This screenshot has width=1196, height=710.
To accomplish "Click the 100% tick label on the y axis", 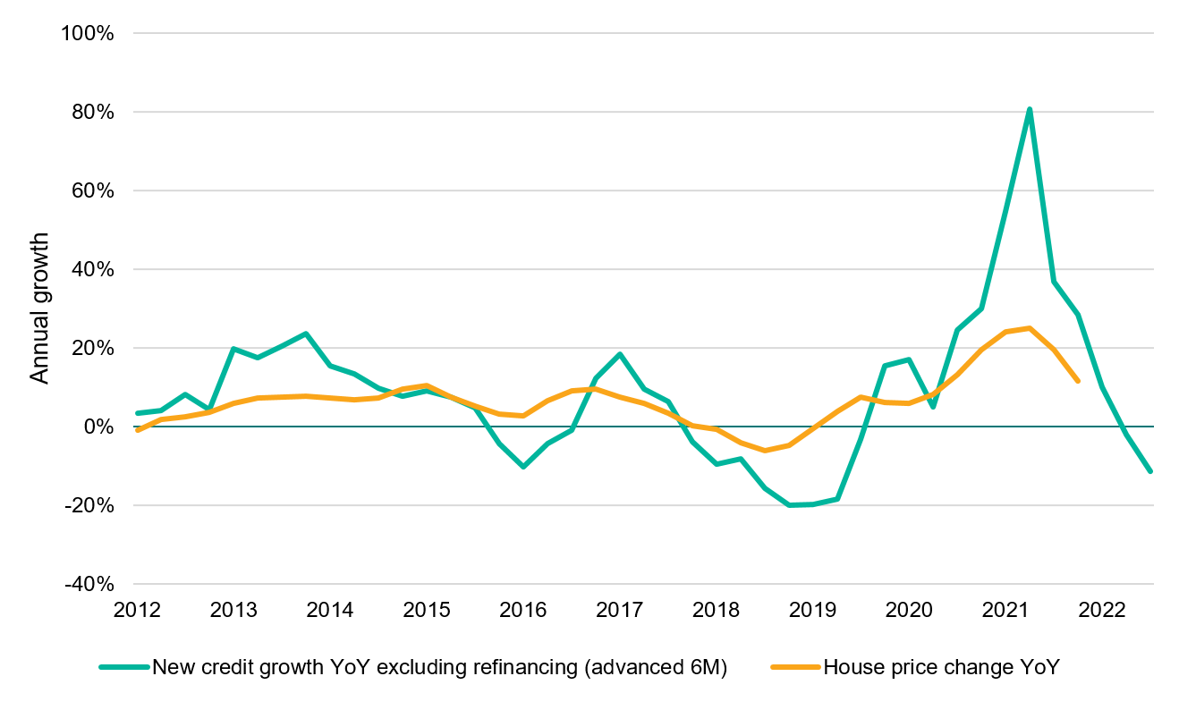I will click(88, 33).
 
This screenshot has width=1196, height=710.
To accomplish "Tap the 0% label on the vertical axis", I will click(98, 427).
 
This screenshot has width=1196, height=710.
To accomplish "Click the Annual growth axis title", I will click(40, 309).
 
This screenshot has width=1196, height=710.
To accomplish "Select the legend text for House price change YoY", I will click(941, 667).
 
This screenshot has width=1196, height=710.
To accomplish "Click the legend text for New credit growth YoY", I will click(440, 667).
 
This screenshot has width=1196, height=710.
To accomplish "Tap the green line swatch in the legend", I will click(124, 667).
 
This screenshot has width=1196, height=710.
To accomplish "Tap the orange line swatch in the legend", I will click(794, 667).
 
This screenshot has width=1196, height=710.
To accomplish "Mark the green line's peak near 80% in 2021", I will click(1030, 110).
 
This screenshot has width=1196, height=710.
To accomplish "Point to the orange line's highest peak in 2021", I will click(1030, 328).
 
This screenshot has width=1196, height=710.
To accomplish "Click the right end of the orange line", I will click(1078, 381).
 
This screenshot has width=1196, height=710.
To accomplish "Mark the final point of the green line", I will click(1150, 471).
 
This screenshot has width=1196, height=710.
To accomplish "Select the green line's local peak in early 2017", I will click(619, 354).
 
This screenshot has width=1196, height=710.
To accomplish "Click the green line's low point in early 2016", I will click(522, 467).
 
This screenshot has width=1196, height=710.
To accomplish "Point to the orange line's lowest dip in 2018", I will click(764, 450).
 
